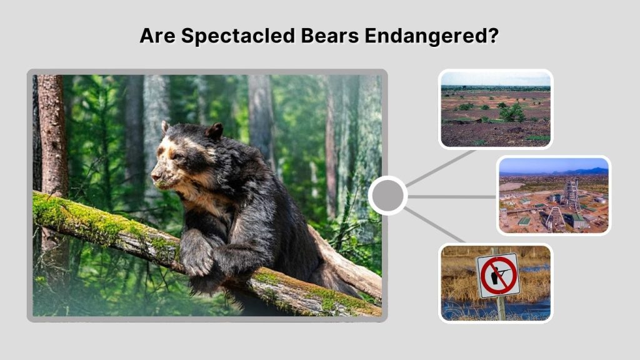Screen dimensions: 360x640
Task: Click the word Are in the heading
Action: pyautogui.click(x=158, y=36)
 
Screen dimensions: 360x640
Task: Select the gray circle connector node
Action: pyautogui.click(x=387, y=196)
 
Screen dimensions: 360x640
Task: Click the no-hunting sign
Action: pyautogui.click(x=497, y=275)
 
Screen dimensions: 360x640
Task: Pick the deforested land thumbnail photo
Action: pyautogui.click(x=496, y=109)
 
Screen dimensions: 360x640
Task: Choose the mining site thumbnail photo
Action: pyautogui.click(x=553, y=195)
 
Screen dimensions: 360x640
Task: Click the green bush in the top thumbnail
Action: pyautogui.click(x=512, y=112)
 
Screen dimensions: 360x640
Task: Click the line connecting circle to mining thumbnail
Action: pyautogui.click(x=451, y=196)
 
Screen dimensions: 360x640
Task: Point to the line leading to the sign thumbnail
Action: pyautogui.click(x=436, y=226)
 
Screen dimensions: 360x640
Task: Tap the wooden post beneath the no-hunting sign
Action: pyautogui.click(x=500, y=307)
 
